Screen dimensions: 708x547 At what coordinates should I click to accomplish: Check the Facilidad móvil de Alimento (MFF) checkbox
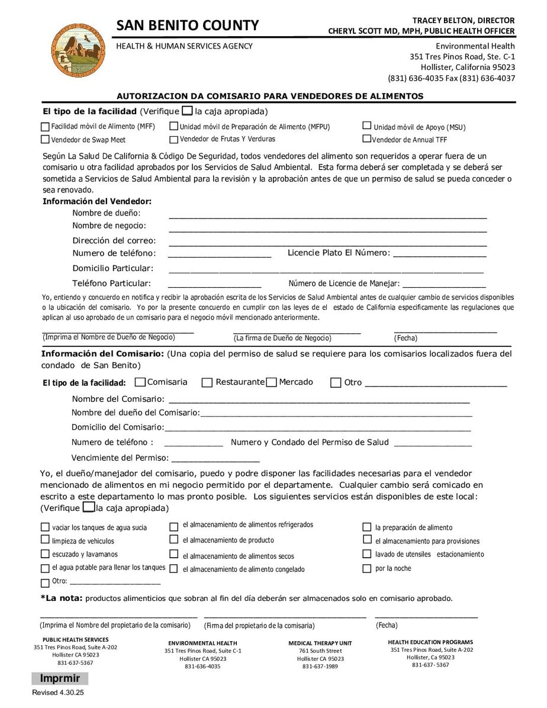coord(45,127)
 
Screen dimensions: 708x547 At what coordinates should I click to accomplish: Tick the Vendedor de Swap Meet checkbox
coord(45,140)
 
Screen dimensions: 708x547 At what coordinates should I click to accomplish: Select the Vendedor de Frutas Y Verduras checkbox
coord(173,140)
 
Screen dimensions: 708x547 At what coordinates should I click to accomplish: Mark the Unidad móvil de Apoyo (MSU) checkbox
coord(367,126)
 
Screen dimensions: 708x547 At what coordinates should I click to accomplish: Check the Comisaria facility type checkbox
coord(140,382)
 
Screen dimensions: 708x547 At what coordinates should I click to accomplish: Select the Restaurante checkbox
coord(207,383)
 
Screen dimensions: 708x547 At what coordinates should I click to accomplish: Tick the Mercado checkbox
coord(272,382)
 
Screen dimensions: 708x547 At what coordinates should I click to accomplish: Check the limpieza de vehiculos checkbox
coord(45,540)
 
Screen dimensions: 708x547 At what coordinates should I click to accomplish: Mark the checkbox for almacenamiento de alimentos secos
coord(174,555)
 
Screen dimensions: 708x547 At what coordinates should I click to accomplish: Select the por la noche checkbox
coord(367,568)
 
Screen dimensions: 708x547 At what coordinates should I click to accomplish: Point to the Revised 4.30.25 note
coord(59,693)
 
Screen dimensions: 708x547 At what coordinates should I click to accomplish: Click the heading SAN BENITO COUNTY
coord(188,25)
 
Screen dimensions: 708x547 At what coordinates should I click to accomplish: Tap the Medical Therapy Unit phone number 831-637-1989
coord(320,666)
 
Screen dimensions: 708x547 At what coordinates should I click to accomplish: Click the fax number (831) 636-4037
coord(480,78)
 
